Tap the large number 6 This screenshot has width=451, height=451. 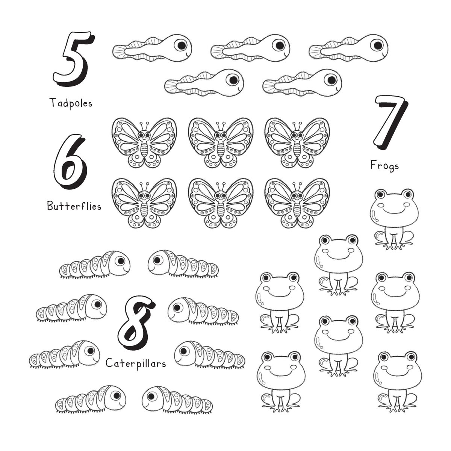click(x=70, y=162)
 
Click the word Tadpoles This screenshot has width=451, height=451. click(x=71, y=103)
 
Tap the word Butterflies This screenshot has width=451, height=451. click(x=74, y=206)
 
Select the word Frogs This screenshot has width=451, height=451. click(x=384, y=166)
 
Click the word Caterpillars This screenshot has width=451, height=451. click(x=136, y=363)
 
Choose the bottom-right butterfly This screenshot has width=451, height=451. click(x=297, y=203)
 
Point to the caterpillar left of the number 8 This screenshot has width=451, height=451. click(x=72, y=308)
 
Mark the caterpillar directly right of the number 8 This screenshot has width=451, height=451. click(x=203, y=311)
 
